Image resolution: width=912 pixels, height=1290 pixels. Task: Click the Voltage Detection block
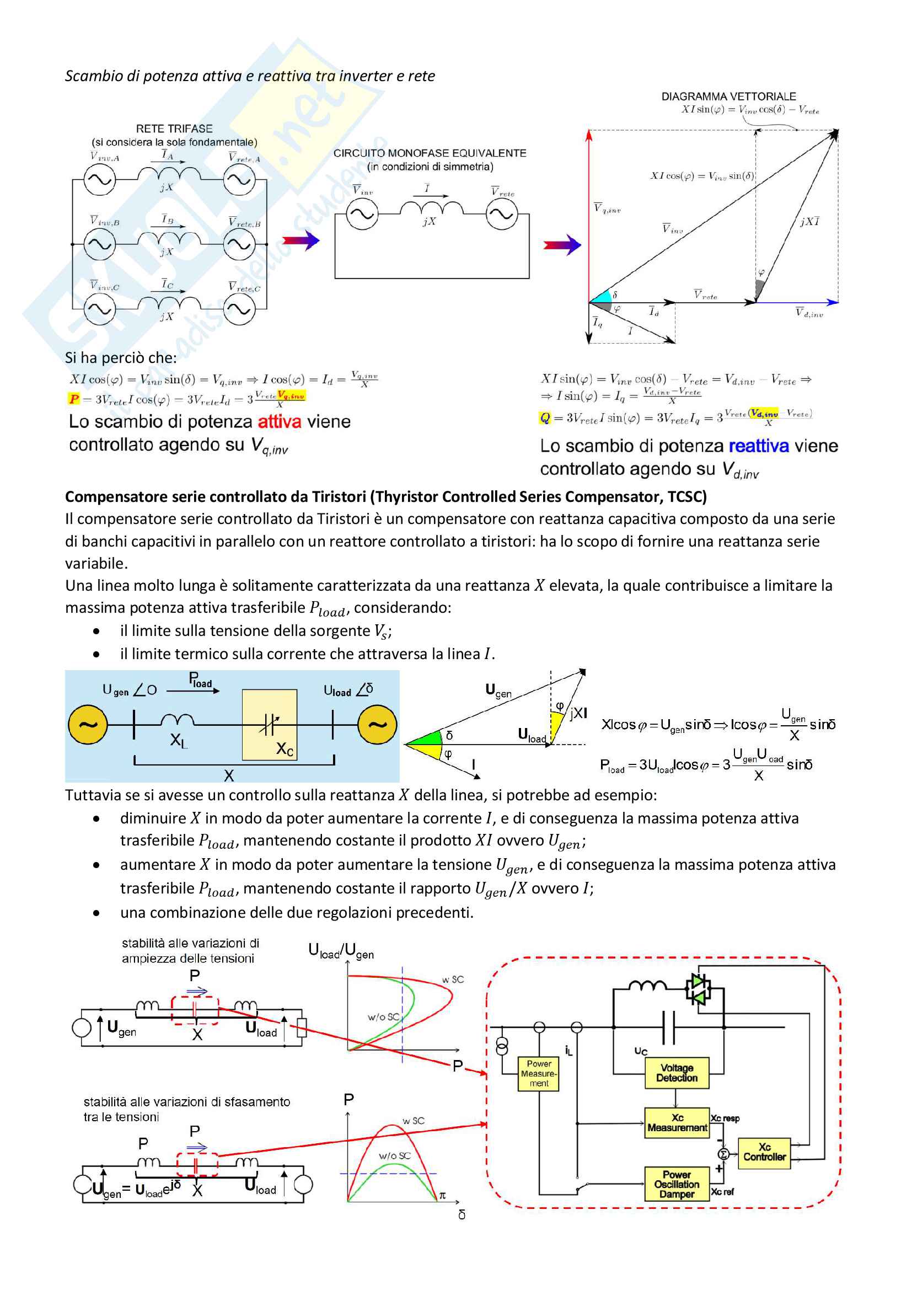(x=676, y=1073)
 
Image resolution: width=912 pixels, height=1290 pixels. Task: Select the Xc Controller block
(x=764, y=1152)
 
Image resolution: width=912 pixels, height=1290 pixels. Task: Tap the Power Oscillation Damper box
(x=676, y=1184)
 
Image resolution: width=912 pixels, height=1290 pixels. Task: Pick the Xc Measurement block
(x=677, y=1122)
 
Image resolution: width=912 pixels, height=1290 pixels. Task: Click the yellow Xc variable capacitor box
(x=269, y=725)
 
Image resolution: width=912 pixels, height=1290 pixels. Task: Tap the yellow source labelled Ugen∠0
(x=88, y=725)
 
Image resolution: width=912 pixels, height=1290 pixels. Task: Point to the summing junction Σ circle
(x=724, y=1154)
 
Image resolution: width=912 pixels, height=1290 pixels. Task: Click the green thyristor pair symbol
(x=698, y=989)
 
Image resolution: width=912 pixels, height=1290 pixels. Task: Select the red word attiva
(x=279, y=421)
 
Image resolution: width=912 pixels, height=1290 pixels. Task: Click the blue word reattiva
(x=758, y=446)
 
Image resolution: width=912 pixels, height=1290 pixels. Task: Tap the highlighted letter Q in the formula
(x=545, y=417)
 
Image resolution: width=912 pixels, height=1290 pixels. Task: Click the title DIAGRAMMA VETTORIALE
(x=728, y=97)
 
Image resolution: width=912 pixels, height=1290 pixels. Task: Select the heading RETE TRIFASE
(x=174, y=129)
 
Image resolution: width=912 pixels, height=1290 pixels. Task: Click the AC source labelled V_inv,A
(x=99, y=180)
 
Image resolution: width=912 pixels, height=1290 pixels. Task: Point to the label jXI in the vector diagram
(x=809, y=221)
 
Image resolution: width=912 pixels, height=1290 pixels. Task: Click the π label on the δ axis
(x=442, y=1196)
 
